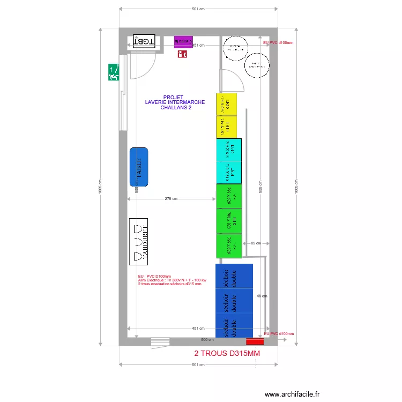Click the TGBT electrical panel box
(144, 41)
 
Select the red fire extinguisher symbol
(183, 53)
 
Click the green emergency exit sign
(113, 72)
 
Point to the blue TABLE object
(139, 167)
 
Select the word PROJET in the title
(173, 98)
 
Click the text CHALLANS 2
(176, 108)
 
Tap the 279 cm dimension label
(171, 199)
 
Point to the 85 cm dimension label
(256, 243)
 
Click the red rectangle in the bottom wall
(255, 341)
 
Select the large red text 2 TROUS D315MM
(227, 354)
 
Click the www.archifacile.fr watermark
(292, 394)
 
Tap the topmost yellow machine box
(226, 105)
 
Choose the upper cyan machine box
(228, 150)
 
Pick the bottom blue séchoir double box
(234, 326)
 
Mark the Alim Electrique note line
(172, 280)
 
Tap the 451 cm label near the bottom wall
(198, 328)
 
